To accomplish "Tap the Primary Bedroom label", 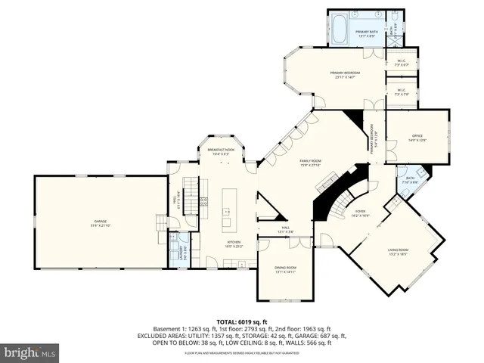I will [345, 74].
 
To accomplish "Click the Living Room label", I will [398, 252].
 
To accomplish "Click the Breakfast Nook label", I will [221, 152].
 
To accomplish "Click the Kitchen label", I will [234, 244].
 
